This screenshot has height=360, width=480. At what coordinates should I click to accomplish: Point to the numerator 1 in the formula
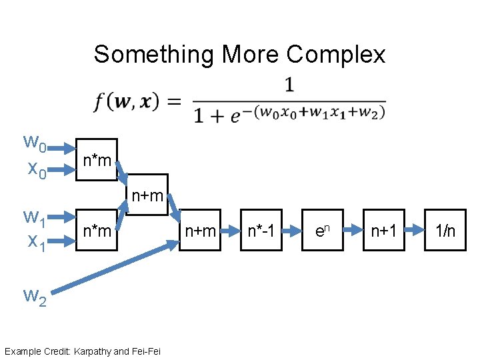[289, 85]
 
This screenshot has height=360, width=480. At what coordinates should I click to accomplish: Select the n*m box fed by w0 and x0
[97, 160]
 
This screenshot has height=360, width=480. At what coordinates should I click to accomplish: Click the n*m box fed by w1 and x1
[97, 231]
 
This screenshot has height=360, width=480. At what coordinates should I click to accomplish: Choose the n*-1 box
[261, 231]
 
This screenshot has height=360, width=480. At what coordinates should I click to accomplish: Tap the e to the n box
[322, 231]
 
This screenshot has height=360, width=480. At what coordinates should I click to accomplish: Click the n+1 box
[383, 231]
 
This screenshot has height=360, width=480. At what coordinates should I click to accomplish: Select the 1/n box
[445, 231]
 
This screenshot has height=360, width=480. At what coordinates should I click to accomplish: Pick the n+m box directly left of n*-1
[200, 231]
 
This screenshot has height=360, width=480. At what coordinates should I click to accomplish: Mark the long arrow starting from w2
[113, 267]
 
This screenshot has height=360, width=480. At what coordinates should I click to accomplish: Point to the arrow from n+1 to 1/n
[414, 231]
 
